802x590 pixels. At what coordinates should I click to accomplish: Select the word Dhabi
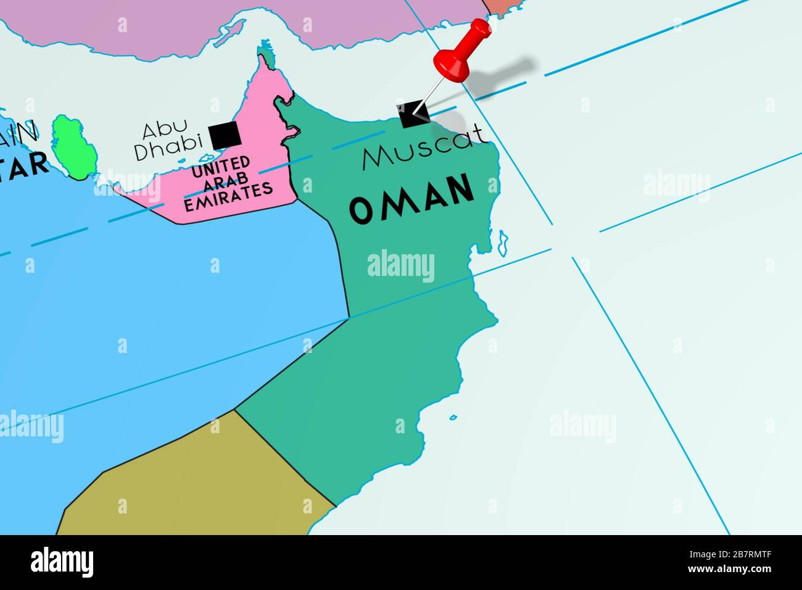point(168,149)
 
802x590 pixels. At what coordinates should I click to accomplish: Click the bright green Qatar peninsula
point(72,147)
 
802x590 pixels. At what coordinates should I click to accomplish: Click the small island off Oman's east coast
point(503,243)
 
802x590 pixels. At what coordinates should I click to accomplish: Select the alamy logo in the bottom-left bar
point(62,562)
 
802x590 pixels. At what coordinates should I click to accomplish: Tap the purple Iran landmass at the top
point(185,25)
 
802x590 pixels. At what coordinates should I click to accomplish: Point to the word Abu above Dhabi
point(165,130)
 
